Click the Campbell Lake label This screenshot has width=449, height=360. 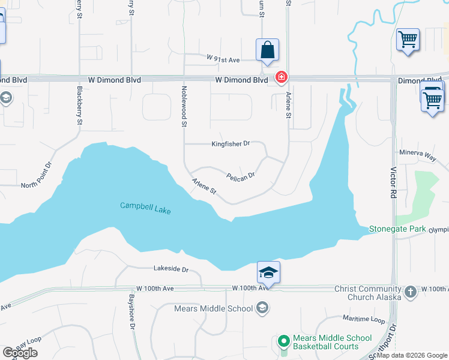pyautogui.click(x=145, y=206)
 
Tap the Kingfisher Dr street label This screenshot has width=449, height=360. pyautogui.click(x=230, y=144)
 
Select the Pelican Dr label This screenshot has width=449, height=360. pyautogui.click(x=241, y=176)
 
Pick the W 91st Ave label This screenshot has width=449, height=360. pyautogui.click(x=223, y=59)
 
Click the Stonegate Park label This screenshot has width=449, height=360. pyautogui.click(x=397, y=229)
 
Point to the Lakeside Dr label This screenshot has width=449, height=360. pyautogui.click(x=171, y=270)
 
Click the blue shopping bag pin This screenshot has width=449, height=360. pyautogui.click(x=267, y=50)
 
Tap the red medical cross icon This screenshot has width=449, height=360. pyautogui.click(x=280, y=77)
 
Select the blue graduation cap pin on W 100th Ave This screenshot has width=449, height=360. pyautogui.click(x=268, y=273)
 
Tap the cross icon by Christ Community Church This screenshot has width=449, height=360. pyautogui.click(x=410, y=292)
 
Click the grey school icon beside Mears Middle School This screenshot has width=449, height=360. pyautogui.click(x=262, y=308)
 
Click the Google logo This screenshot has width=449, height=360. pyautogui.click(x=20, y=353)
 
